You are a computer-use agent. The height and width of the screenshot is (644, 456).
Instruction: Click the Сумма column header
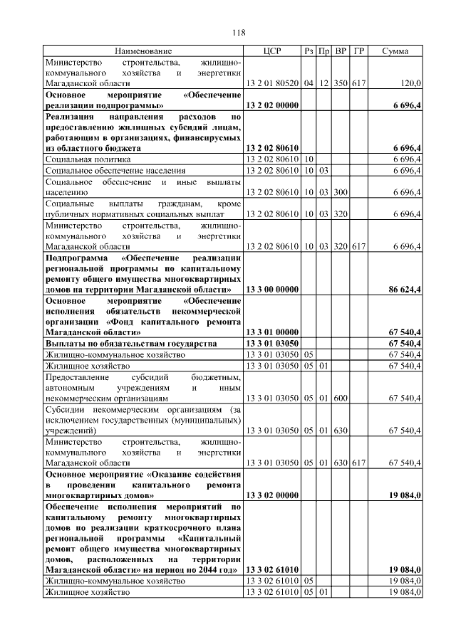(395, 51)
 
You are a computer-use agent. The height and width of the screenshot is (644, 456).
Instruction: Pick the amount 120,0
(410, 83)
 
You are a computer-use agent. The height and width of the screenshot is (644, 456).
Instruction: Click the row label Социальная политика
(88, 159)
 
